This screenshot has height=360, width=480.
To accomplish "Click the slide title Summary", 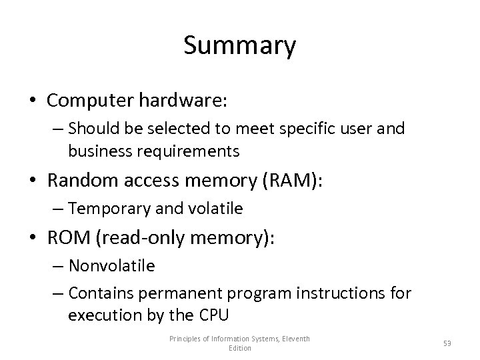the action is pos(239,46).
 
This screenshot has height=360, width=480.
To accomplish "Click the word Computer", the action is pos(90,101).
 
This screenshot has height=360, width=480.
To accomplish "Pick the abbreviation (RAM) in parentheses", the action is pos(295,180).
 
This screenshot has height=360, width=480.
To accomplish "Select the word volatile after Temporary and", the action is pos(218,209).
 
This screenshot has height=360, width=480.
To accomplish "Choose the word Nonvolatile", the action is pos(111,266).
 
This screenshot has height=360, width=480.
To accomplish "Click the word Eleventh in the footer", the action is pos(295,339).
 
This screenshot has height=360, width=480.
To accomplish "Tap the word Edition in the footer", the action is pos(240,348).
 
